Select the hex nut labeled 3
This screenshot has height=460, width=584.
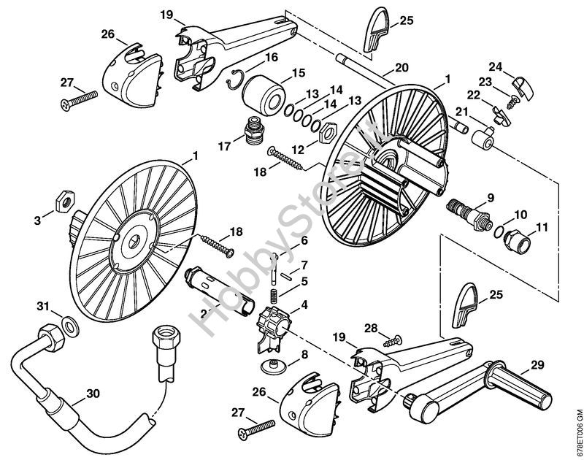tap(66, 201)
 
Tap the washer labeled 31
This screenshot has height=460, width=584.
tap(69, 326)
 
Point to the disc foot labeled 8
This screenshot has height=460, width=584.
tap(273, 367)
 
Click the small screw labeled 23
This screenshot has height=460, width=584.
tap(513, 102)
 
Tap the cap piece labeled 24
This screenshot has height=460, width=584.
tap(523, 88)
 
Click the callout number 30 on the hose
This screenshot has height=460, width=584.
tap(93, 394)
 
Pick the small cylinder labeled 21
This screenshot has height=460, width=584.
tap(483, 138)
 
